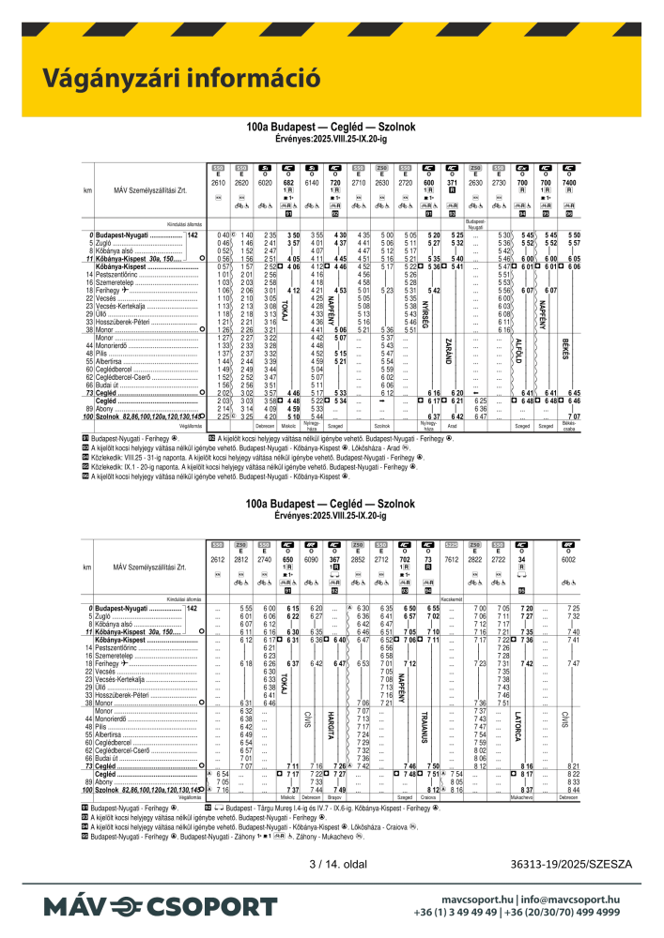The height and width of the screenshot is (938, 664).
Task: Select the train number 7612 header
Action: pos(453,559)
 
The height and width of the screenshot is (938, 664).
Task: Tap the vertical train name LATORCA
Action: pos(518,727)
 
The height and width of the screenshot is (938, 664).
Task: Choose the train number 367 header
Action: pos(333,559)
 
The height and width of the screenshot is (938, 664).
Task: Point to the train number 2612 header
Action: pos(220,559)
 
